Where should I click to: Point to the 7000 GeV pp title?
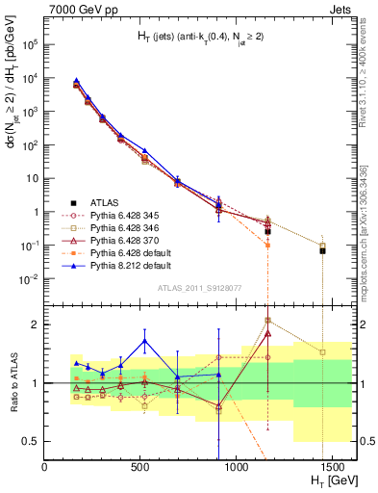80,9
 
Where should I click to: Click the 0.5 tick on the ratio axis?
32,442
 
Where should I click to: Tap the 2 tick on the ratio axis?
37,324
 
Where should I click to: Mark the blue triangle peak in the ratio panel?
144,340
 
